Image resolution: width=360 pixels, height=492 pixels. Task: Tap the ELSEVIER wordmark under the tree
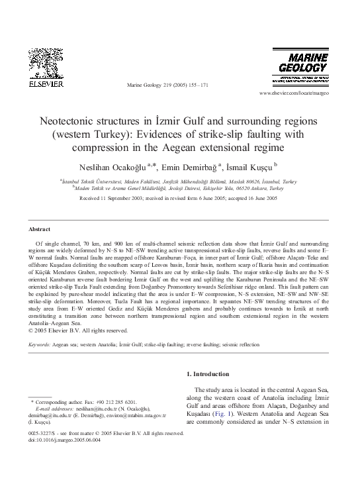click(x=45, y=85)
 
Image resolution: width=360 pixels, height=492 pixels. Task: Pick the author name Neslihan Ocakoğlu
click(x=119, y=166)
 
